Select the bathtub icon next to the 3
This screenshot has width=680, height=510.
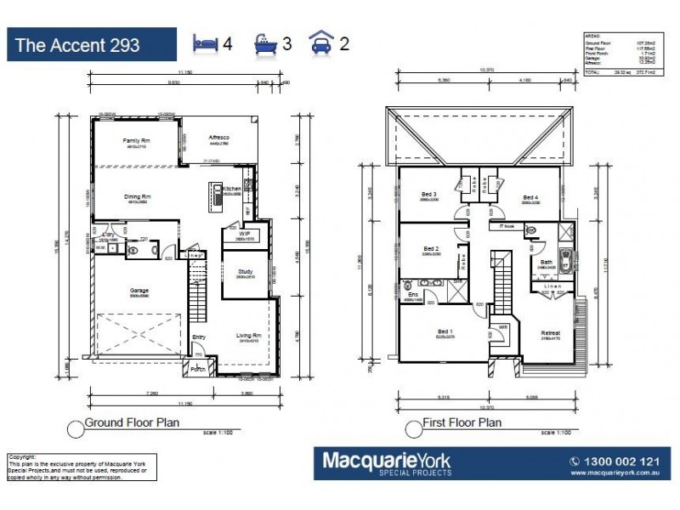coord(266,42)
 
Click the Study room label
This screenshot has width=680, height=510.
coord(246,272)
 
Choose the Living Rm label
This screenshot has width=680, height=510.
coord(247,336)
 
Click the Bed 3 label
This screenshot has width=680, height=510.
coord(428,194)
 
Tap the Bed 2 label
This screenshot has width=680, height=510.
coord(430,249)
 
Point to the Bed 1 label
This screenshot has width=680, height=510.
coord(445,331)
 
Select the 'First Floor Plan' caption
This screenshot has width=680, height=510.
coord(462,422)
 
